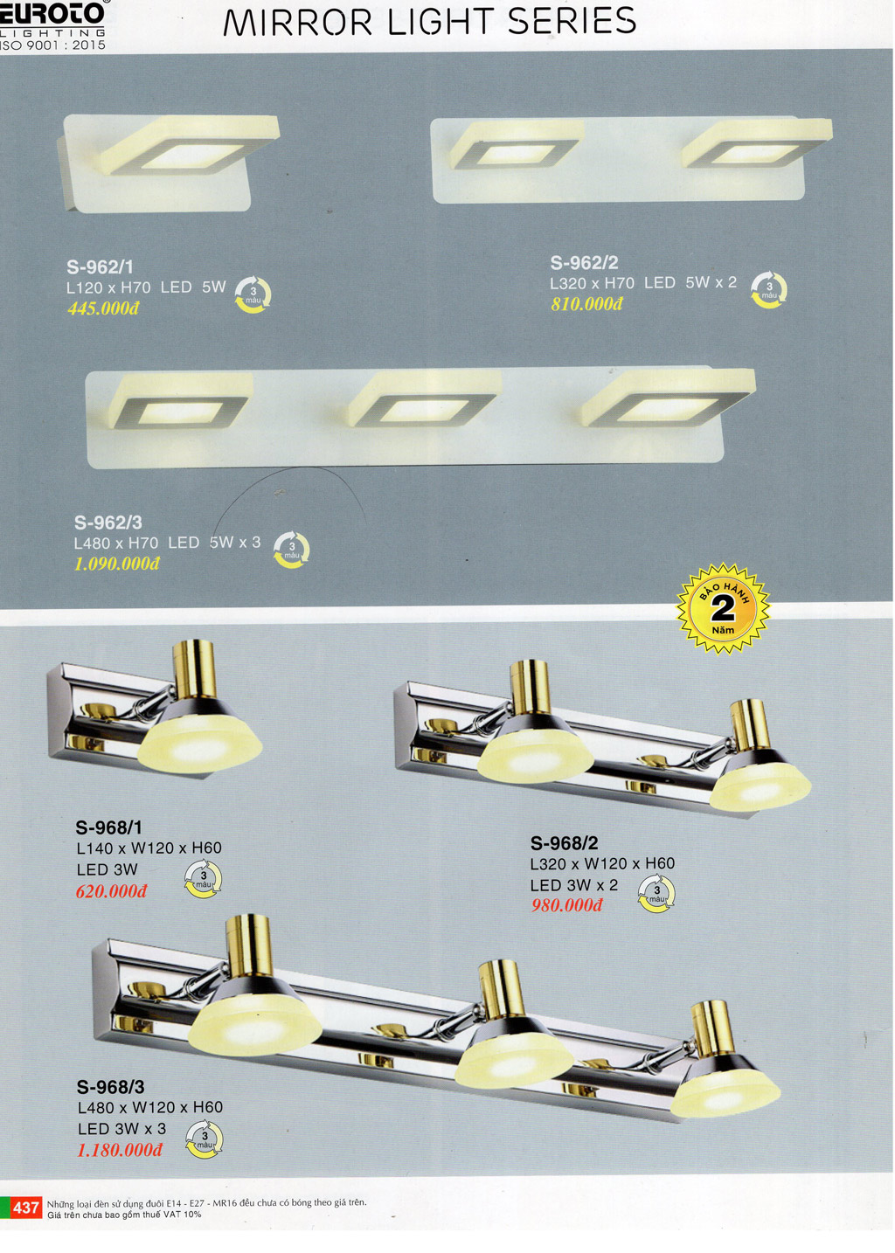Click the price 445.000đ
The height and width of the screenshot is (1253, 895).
click(x=103, y=308)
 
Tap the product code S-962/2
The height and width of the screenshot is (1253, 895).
click(x=584, y=262)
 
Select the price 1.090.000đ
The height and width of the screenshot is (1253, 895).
click(x=117, y=564)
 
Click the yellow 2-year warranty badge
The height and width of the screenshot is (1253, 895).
click(x=723, y=609)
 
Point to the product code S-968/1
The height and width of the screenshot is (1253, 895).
click(x=109, y=827)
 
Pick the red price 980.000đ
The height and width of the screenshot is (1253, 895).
click(x=566, y=905)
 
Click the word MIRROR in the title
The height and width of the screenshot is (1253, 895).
click(x=297, y=22)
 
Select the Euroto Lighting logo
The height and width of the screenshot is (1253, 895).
click(x=53, y=21)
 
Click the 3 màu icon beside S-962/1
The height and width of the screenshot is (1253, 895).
click(x=253, y=294)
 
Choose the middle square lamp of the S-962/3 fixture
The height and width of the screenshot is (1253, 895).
click(x=423, y=399)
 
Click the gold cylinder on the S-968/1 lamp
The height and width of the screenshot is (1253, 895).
click(x=193, y=669)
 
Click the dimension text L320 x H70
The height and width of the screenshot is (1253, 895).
click(x=592, y=284)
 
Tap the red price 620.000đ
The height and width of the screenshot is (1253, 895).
click(x=111, y=891)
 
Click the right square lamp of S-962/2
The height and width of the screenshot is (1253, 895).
click(x=757, y=143)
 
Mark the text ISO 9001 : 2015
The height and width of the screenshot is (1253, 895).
click(x=53, y=45)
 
